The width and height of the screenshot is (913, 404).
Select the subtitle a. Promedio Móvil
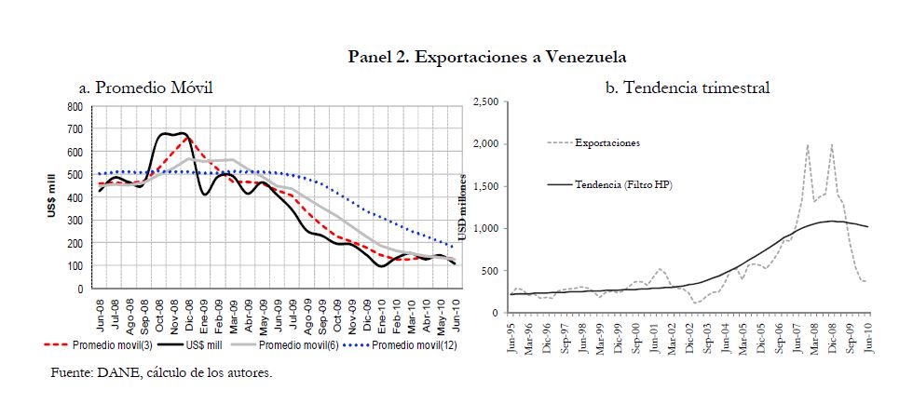pyautogui.click(x=146, y=88)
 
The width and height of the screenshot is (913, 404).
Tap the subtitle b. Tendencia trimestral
pyautogui.click(x=688, y=88)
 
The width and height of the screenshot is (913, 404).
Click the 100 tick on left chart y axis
pyautogui.click(x=76, y=266)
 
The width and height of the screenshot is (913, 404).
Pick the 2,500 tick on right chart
pyautogui.click(x=485, y=101)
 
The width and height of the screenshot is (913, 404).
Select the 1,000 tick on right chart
pyautogui.click(x=485, y=228)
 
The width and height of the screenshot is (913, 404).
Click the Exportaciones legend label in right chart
pyautogui.click(x=606, y=142)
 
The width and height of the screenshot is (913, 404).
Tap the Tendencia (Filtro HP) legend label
pyautogui.click(x=623, y=185)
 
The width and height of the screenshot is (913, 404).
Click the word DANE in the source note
pyautogui.click(x=110, y=373)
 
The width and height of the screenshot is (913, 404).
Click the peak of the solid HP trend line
pyautogui.click(x=829, y=221)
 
